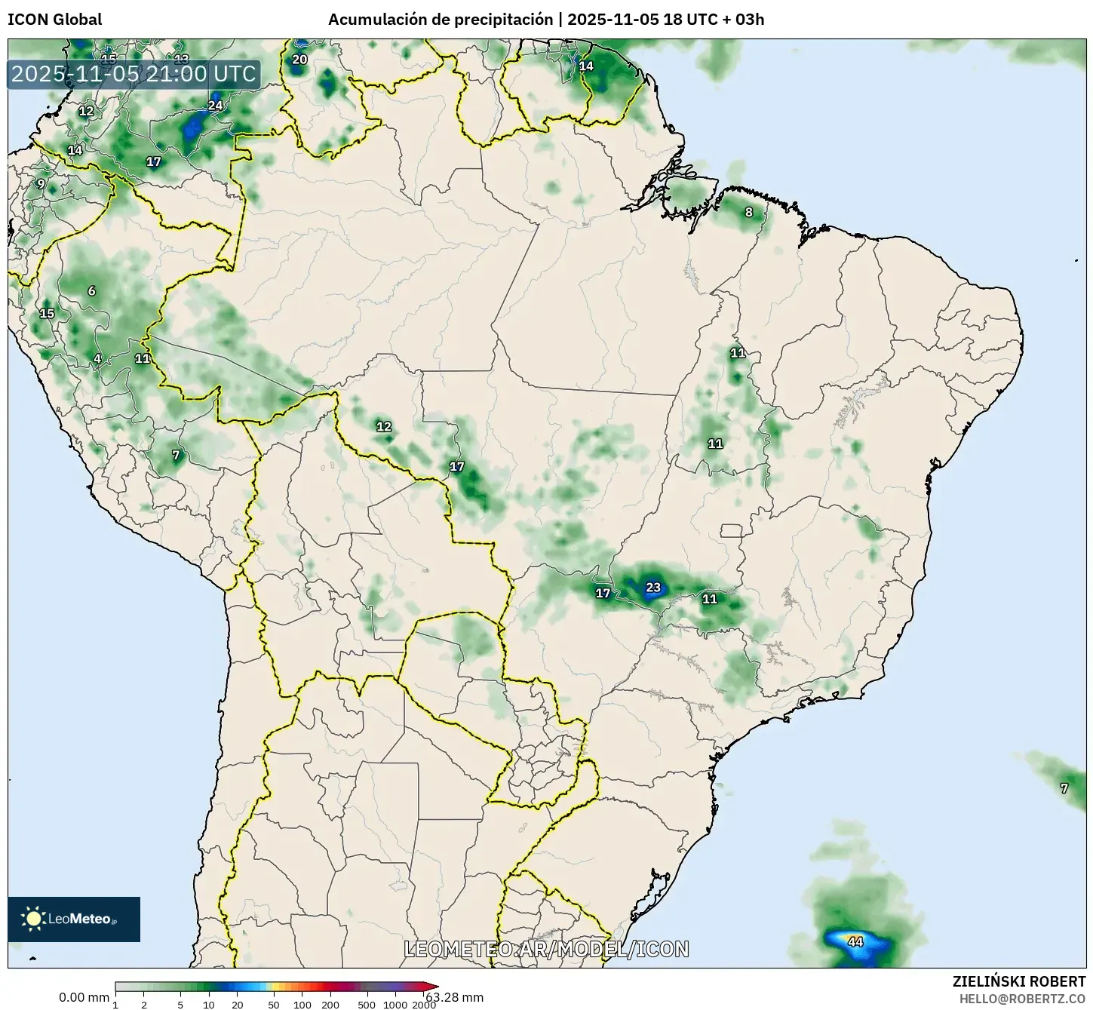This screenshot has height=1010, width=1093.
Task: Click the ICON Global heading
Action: [x=54, y=20]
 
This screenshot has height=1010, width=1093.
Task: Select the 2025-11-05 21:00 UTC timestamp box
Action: [x=134, y=74]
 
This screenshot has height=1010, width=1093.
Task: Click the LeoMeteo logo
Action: [x=74, y=919]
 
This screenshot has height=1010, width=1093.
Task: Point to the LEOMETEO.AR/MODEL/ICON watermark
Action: [x=546, y=949]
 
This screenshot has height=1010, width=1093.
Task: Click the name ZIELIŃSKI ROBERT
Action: [x=1019, y=981]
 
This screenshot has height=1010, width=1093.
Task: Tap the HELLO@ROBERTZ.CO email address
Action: [x=1022, y=998]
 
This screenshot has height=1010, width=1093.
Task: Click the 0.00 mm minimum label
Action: [x=84, y=997]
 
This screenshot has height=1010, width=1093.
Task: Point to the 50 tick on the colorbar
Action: [x=274, y=1004]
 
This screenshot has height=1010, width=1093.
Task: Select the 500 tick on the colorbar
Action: [x=367, y=1004]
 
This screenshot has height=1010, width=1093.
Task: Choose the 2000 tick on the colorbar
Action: [x=424, y=1004]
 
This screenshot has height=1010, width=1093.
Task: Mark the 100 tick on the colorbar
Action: [x=302, y=1004]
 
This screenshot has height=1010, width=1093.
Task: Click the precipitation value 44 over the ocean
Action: [x=855, y=941]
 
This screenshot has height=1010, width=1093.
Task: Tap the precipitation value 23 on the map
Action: [x=653, y=588]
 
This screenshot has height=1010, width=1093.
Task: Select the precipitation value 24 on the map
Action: [x=216, y=105]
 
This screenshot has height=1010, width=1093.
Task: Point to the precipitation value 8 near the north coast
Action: [x=749, y=212]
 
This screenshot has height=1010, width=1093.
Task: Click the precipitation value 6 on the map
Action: [x=91, y=291]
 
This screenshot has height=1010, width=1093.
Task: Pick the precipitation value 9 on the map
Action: [x=41, y=183]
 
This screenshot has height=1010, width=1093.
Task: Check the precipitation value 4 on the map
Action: [x=97, y=358]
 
